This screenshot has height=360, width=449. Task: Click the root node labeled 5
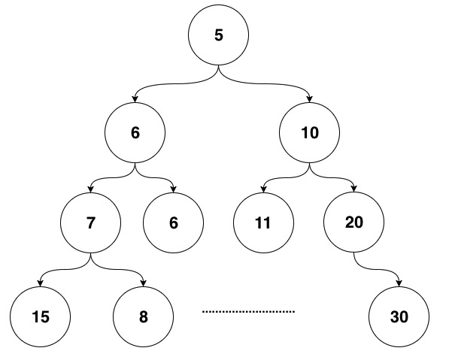[x=219, y=35]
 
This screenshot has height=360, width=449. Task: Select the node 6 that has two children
[x=135, y=132]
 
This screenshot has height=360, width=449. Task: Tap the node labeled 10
[x=310, y=132]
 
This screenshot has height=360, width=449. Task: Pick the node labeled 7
[x=90, y=222]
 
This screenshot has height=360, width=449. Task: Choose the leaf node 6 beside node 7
[x=173, y=222]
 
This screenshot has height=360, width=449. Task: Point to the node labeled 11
[x=263, y=222]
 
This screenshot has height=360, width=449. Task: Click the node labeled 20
[x=354, y=222]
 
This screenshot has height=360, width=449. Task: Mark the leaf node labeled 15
[x=41, y=316]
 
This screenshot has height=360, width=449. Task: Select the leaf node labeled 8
[x=143, y=316]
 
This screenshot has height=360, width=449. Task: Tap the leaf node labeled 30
[x=399, y=316]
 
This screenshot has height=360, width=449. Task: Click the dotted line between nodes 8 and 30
[x=248, y=311]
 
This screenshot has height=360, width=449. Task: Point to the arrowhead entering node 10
[x=309, y=99]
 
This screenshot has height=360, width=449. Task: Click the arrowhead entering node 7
[x=91, y=189]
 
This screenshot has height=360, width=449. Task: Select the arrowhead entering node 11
[x=264, y=189]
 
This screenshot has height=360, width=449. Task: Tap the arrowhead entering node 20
[x=354, y=189]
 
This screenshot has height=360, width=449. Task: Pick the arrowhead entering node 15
[x=41, y=283]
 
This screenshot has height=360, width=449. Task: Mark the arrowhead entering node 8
[x=143, y=283]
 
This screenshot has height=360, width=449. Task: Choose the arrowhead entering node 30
[x=399, y=283]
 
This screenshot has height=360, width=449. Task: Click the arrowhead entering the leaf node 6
[x=173, y=189]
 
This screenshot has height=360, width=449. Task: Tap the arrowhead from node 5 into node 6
[x=135, y=99]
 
